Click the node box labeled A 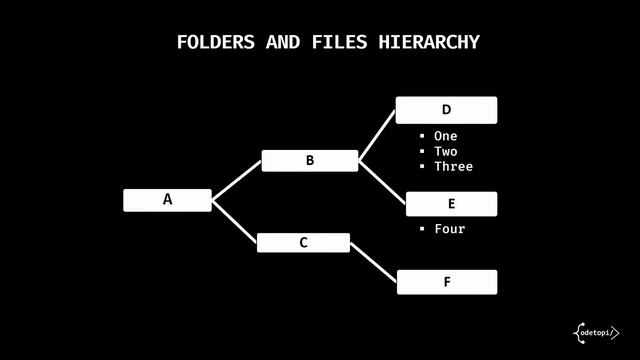(167, 200)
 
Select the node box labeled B (310, 160)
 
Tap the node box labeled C (303, 243)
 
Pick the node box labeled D (446, 109)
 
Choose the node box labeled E (451, 204)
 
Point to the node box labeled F (446, 282)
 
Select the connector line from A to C (234, 221)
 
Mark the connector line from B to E (382, 182)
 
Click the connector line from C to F (373, 262)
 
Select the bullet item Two (445, 151)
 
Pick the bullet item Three (452, 166)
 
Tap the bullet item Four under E (449, 229)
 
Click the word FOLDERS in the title (216, 42)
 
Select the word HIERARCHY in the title (429, 42)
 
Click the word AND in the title (283, 42)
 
